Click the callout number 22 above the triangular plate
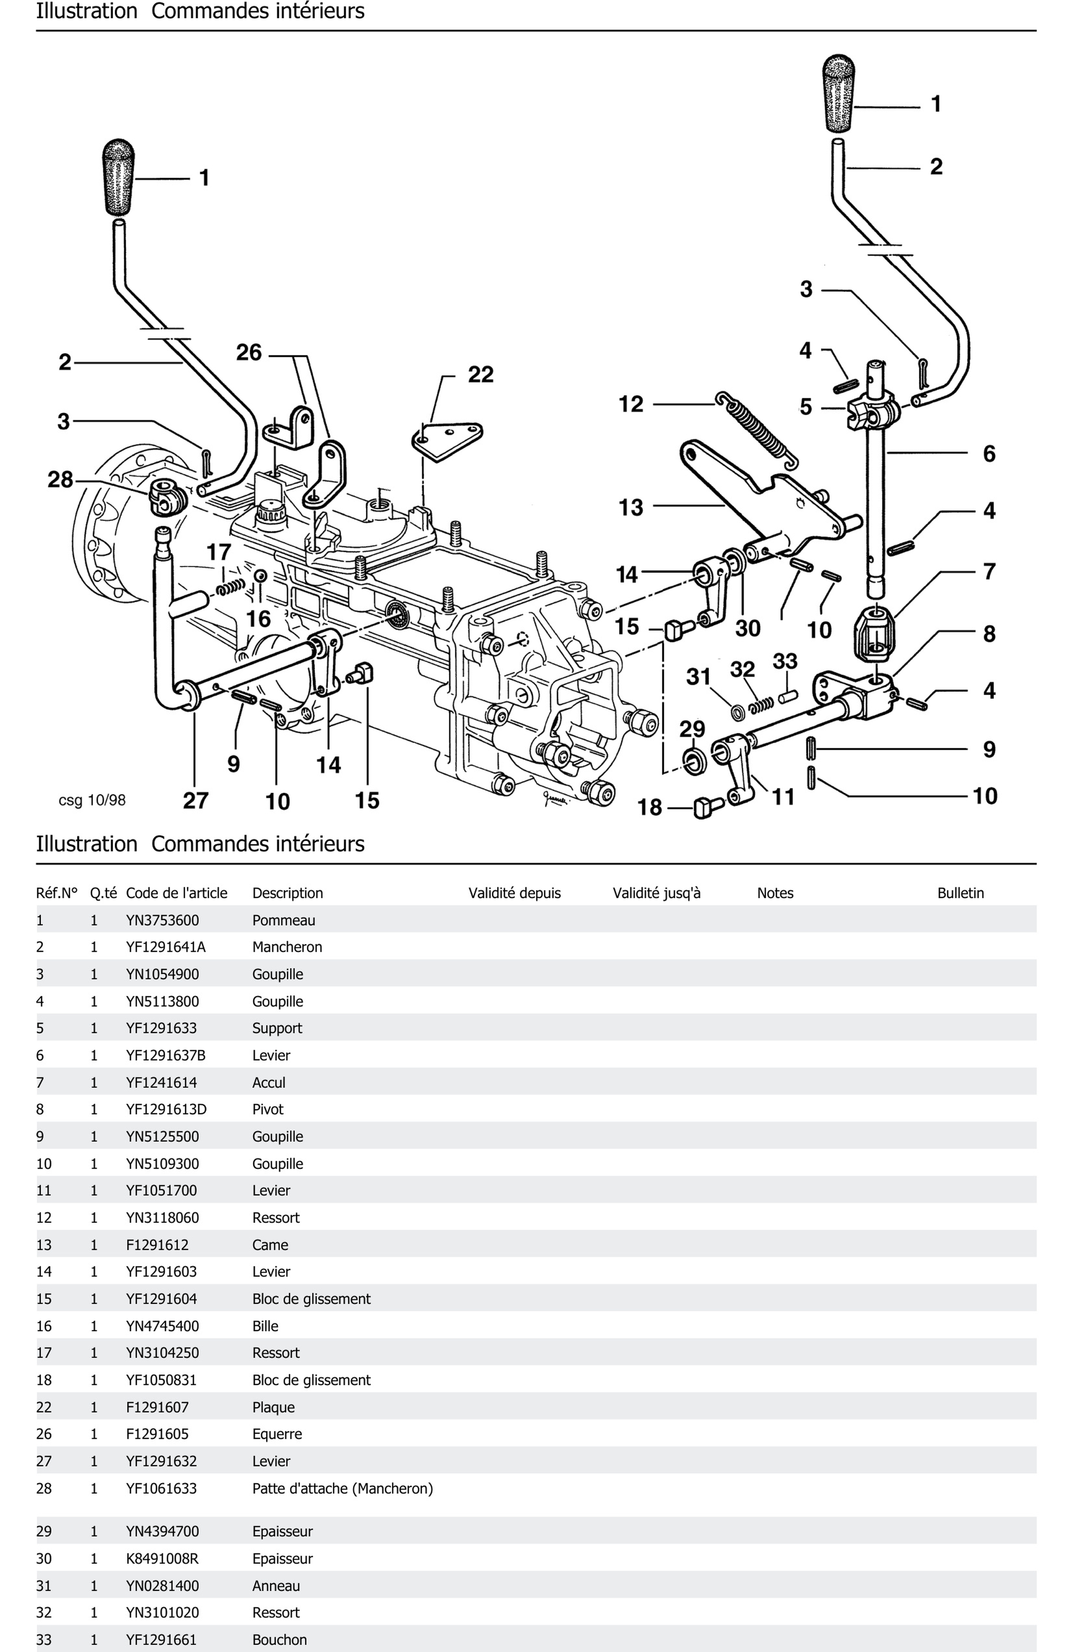[480, 375]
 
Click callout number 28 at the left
[60, 480]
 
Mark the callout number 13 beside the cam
[630, 507]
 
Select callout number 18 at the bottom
[650, 807]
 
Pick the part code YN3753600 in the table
[162, 920]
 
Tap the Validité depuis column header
[514, 893]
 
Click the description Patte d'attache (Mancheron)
[342, 1488]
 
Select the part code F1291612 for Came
[157, 1245]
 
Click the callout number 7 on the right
[989, 572]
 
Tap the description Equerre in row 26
[277, 1434]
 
